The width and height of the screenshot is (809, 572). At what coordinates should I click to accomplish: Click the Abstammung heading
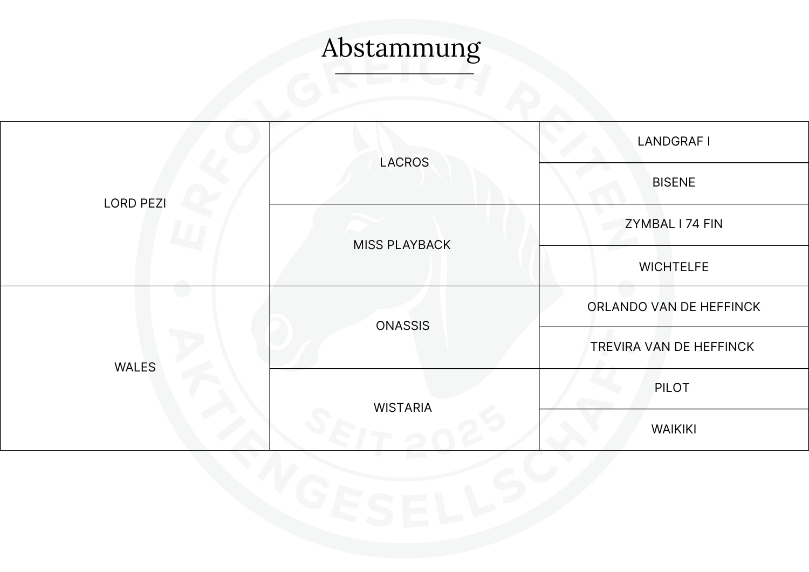click(x=401, y=48)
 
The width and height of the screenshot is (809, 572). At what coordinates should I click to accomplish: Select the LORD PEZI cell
click(x=135, y=203)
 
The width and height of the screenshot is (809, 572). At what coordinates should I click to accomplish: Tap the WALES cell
click(x=135, y=367)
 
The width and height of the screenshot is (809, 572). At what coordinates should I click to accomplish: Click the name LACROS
click(x=404, y=162)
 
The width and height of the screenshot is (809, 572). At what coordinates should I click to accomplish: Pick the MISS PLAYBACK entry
click(x=402, y=245)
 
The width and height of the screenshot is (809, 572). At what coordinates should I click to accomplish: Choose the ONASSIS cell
click(x=403, y=326)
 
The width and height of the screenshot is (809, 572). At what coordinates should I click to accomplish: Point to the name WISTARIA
click(x=403, y=408)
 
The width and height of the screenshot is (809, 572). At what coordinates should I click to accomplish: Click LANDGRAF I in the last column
click(x=674, y=141)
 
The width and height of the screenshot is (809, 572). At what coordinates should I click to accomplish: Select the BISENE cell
click(x=674, y=182)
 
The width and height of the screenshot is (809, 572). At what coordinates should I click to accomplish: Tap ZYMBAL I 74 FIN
click(x=674, y=224)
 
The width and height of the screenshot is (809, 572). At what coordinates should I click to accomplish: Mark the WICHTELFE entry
click(x=674, y=267)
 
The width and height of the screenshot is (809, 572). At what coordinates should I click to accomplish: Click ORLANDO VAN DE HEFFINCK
click(x=674, y=307)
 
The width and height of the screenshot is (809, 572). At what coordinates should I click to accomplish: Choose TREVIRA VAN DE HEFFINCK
click(x=672, y=347)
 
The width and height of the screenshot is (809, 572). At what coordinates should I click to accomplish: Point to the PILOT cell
click(x=672, y=388)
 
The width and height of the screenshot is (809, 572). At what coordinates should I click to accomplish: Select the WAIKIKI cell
click(x=674, y=429)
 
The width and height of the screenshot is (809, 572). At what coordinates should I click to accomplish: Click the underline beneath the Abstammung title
click(x=404, y=73)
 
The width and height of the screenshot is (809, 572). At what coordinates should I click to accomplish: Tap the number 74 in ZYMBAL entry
click(x=693, y=224)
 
